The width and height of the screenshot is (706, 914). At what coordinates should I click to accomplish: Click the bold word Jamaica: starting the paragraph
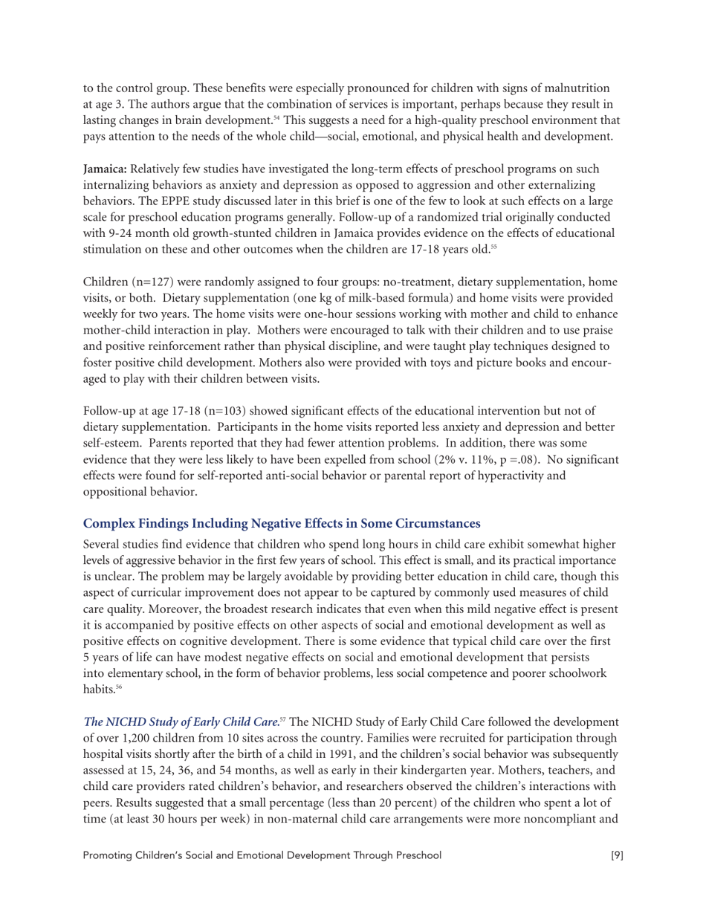(x=105, y=169)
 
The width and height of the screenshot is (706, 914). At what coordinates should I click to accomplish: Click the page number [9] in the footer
(x=617, y=855)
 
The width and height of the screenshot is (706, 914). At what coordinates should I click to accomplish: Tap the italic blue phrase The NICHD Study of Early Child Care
(x=181, y=722)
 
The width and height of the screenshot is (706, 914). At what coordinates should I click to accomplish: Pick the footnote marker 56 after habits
(x=118, y=688)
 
